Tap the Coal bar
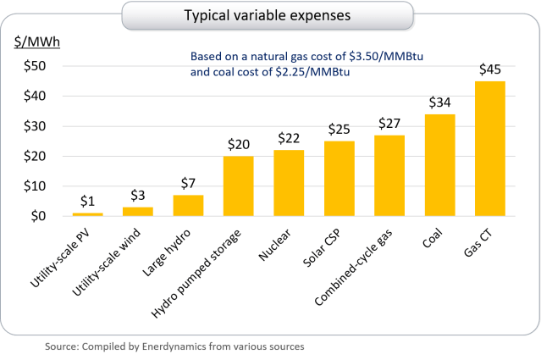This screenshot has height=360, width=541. pyautogui.click(x=439, y=165)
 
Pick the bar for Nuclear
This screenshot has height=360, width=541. pyautogui.click(x=289, y=183)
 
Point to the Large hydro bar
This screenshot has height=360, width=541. pyautogui.click(x=188, y=206)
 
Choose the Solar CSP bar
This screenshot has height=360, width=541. pyautogui.click(x=339, y=179)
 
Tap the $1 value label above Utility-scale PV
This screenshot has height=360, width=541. pyautogui.click(x=88, y=202)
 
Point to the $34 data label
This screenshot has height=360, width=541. pyautogui.click(x=439, y=102)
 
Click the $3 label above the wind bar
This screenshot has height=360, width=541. pyautogui.click(x=138, y=196)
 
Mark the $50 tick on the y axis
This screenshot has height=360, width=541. pyautogui.click(x=33, y=66)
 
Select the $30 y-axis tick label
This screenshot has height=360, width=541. pyautogui.click(x=33, y=126)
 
